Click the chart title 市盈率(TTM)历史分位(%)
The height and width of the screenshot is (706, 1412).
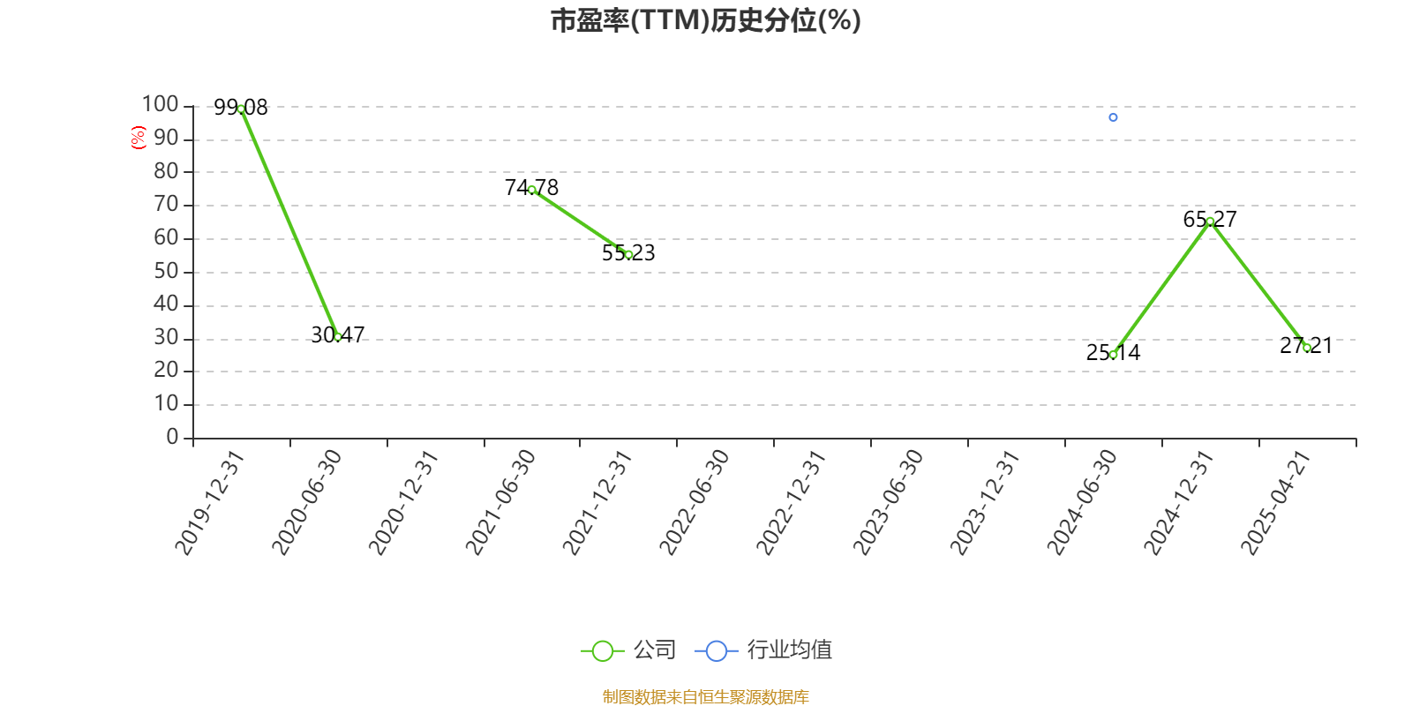pyautogui.click(x=705, y=20)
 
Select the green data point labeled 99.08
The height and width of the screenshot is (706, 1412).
pyautogui.click(x=241, y=109)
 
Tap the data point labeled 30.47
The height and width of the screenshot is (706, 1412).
pyautogui.click(x=338, y=336)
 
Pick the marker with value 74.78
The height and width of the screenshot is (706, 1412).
pyautogui.click(x=532, y=190)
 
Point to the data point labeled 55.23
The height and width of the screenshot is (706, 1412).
pyautogui.click(x=628, y=255)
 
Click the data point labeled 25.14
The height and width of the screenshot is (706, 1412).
pyautogui.click(x=1113, y=355)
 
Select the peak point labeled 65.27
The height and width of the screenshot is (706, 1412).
pyautogui.click(x=1210, y=222)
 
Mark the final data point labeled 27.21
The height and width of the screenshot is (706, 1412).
pyautogui.click(x=1307, y=348)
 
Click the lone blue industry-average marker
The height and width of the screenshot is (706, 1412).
pyautogui.click(x=1113, y=117)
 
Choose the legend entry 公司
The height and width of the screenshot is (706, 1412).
pyautogui.click(x=628, y=650)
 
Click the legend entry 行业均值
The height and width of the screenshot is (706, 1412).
pyautogui.click(x=763, y=650)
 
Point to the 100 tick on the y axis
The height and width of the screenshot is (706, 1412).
pyautogui.click(x=160, y=104)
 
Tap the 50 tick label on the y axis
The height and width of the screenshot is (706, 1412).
pyautogui.click(x=167, y=271)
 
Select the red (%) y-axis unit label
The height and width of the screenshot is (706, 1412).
pyautogui.click(x=138, y=138)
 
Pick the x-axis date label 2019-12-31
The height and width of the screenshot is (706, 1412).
pyautogui.click(x=209, y=502)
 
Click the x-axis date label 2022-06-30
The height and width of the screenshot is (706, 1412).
pyautogui.click(x=694, y=502)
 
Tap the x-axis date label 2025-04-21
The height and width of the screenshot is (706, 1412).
pyautogui.click(x=1275, y=502)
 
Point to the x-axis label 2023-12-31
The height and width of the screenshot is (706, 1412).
pyautogui.click(x=985, y=502)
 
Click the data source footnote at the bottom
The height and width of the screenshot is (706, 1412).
pyautogui.click(x=705, y=696)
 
